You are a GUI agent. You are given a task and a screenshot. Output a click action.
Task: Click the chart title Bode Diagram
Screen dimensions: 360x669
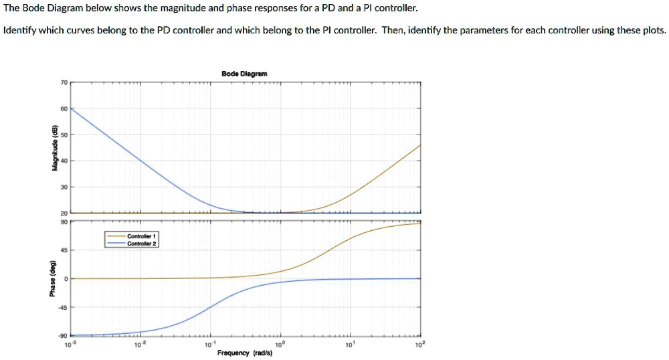[244, 74]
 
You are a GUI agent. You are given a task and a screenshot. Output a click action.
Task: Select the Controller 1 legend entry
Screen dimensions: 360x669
[141, 237]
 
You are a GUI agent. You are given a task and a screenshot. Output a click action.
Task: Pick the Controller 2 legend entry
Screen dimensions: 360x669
[141, 244]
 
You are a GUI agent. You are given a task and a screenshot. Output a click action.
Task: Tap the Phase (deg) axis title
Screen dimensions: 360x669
[56, 278]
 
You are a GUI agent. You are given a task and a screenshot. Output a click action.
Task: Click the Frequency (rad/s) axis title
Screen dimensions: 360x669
[245, 353]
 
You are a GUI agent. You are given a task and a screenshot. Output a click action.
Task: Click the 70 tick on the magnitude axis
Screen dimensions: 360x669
[64, 82]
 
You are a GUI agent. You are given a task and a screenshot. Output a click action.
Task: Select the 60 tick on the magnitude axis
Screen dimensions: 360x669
[64, 108]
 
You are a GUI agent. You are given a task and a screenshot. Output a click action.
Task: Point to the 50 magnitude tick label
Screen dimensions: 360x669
[64, 134]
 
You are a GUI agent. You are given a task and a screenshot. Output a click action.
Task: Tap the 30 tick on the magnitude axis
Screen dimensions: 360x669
[64, 187]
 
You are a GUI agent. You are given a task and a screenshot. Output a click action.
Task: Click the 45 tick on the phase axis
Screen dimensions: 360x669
[64, 250]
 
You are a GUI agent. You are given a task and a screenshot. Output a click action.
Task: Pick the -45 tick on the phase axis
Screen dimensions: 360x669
[63, 307]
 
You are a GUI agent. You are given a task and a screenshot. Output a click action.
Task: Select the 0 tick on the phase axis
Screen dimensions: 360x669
[66, 278]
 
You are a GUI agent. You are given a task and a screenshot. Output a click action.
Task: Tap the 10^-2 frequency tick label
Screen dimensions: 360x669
[138, 344]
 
